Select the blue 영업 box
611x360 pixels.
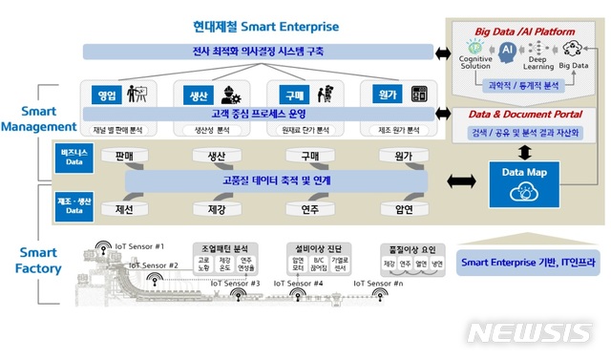coord(106,95)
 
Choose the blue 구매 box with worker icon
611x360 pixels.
coord(292,95)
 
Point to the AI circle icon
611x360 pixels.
coord(507,48)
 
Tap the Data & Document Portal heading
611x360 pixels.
coord(525,115)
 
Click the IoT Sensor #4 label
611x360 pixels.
coord(299,283)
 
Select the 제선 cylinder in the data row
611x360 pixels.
coord(123,208)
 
